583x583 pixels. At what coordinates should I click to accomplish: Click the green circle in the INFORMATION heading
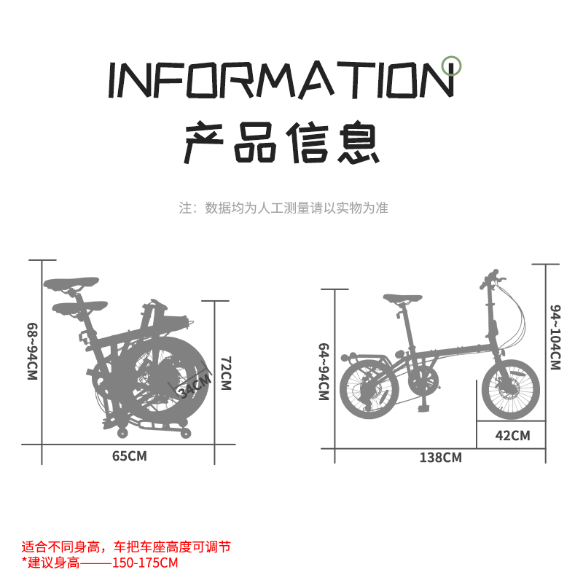pos(453,66)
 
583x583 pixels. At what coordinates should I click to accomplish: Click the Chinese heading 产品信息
pos(281,143)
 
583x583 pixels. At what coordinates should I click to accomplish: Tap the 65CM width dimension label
pos(129,456)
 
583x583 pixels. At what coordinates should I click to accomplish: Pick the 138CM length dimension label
pos(440,458)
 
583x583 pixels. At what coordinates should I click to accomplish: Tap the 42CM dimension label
pos(512,436)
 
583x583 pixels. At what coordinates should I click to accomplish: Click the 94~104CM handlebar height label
pos(555,337)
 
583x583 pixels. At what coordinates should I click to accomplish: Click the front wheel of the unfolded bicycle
pos(510,389)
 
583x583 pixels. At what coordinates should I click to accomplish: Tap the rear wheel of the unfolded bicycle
pos(369,394)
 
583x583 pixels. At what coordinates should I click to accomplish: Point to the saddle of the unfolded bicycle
pos(402,298)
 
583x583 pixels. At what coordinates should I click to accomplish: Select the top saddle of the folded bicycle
pos(71,282)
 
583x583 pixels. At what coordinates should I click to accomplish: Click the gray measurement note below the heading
pos(283,208)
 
